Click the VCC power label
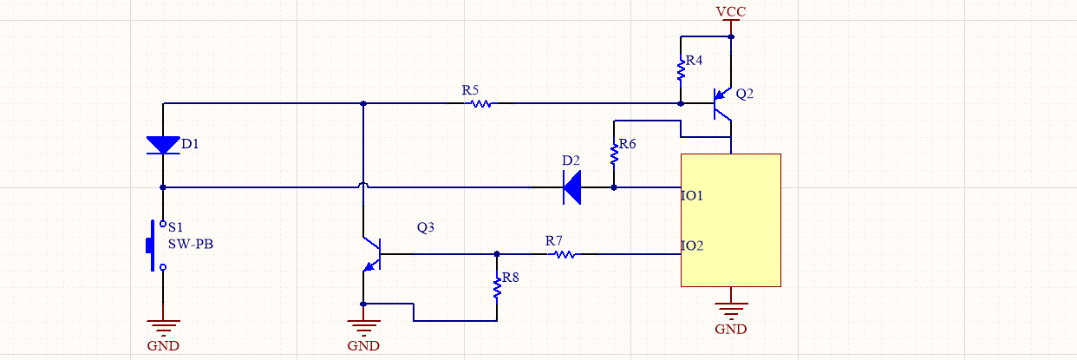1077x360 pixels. pyautogui.click(x=731, y=11)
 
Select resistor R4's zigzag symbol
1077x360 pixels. pyautogui.click(x=681, y=69)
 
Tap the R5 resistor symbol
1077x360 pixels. pyautogui.click(x=480, y=103)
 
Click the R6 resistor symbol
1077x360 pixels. pyautogui.click(x=614, y=154)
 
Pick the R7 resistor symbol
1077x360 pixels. pyautogui.click(x=565, y=254)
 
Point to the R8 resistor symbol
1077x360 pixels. pyautogui.click(x=497, y=287)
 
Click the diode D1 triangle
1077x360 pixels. pyautogui.click(x=163, y=145)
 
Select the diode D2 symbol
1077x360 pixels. pyautogui.click(x=572, y=187)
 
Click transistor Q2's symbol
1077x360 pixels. pyautogui.click(x=721, y=104)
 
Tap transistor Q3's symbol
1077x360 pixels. pyautogui.click(x=373, y=253)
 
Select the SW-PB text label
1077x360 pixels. pyautogui.click(x=190, y=245)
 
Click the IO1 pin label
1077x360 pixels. pyautogui.click(x=692, y=195)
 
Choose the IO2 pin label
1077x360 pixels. pyautogui.click(x=692, y=246)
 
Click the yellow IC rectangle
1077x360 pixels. pyautogui.click(x=731, y=220)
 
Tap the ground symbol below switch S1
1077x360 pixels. pyautogui.click(x=163, y=327)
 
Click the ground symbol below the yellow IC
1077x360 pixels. pyautogui.click(x=731, y=310)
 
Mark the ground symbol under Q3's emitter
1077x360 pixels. pyautogui.click(x=363, y=327)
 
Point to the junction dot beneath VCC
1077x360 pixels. pyautogui.click(x=731, y=37)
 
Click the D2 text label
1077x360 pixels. pyautogui.click(x=571, y=160)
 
